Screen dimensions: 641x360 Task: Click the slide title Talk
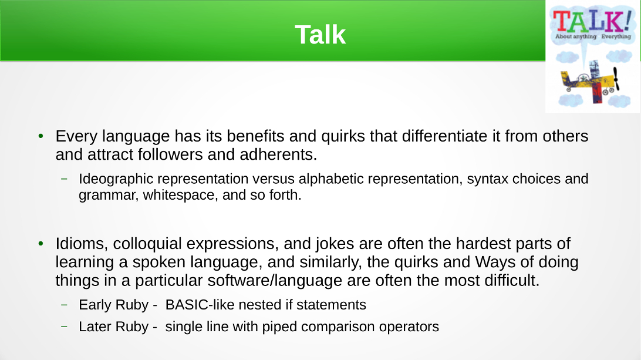tap(320, 35)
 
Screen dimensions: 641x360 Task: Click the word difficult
tap(512, 281)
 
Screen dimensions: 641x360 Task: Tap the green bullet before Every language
tap(41, 136)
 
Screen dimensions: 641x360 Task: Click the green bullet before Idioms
tap(41, 244)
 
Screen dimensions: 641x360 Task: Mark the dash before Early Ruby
tap(64, 305)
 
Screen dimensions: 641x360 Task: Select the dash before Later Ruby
tap(64, 327)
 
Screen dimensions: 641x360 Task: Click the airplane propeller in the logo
tap(616, 79)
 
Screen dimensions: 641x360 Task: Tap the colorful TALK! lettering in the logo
tap(592, 21)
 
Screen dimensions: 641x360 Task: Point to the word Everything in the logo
tap(616, 36)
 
